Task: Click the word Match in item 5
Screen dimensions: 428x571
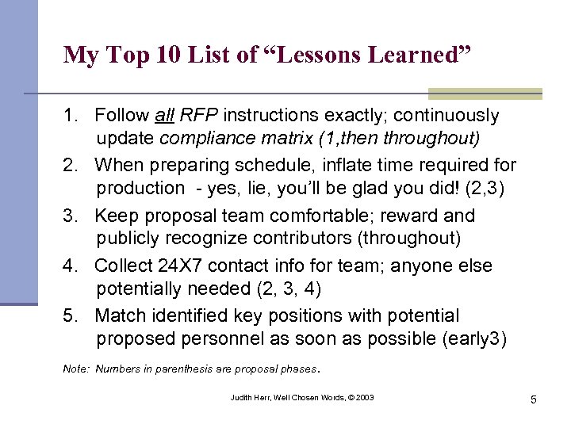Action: [x=120, y=316]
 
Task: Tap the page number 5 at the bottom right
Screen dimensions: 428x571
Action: [x=534, y=399]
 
